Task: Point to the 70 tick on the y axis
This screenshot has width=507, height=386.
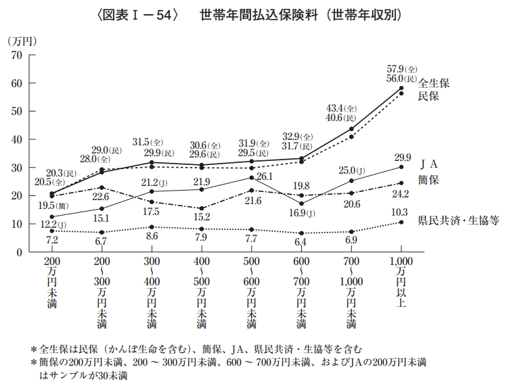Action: tap(31, 55)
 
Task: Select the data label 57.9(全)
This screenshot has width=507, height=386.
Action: tap(402, 69)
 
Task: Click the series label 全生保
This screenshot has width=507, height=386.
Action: tap(434, 84)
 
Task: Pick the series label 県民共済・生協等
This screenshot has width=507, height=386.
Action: tap(458, 220)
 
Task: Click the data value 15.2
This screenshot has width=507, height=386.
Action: tap(202, 217)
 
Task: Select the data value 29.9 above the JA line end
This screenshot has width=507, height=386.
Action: tap(403, 156)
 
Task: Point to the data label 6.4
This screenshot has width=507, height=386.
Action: tap(301, 241)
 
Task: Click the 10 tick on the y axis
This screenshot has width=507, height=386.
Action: tap(31, 224)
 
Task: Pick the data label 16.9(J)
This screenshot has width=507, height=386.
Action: tap(301, 214)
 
